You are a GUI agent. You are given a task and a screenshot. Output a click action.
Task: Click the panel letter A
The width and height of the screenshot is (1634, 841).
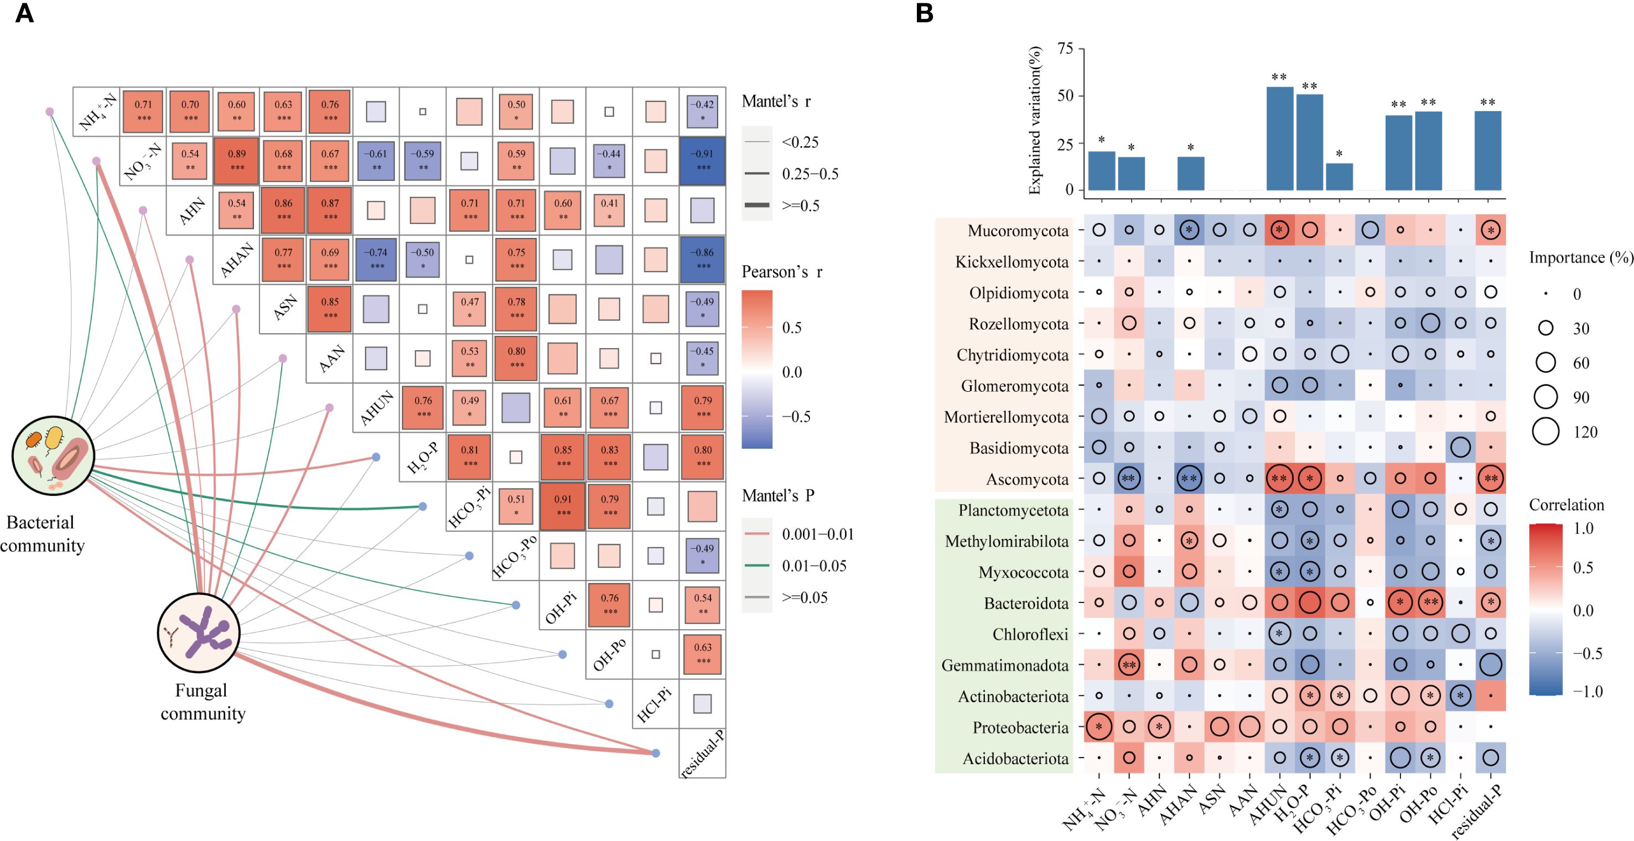(x=24, y=13)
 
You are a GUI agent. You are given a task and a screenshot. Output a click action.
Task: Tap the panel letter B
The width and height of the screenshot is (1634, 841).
(x=924, y=13)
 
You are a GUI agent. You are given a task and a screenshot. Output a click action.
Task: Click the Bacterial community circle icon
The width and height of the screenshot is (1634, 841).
(x=53, y=455)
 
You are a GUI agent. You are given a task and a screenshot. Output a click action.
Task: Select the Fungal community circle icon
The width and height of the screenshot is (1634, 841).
(x=199, y=633)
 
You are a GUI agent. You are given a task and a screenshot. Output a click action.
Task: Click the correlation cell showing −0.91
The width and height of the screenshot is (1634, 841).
(x=702, y=161)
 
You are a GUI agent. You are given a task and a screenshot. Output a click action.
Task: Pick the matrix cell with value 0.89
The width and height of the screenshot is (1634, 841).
(x=237, y=161)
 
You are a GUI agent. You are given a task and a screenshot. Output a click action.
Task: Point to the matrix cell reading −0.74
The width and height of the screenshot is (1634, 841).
(x=376, y=259)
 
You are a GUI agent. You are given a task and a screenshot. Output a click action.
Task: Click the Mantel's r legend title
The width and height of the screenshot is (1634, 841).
(x=776, y=101)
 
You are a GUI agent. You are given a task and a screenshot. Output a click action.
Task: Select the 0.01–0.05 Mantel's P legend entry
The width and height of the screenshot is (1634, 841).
(x=814, y=566)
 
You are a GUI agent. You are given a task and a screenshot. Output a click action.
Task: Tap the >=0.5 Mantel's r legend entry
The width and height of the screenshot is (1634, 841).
(x=801, y=205)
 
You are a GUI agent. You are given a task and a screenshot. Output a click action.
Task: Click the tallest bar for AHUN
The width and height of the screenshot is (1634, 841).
(x=1279, y=138)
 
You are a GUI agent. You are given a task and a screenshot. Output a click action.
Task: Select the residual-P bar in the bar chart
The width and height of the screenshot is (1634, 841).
(x=1487, y=151)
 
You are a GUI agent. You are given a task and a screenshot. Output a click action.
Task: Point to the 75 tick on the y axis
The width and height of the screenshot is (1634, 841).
(x=1066, y=49)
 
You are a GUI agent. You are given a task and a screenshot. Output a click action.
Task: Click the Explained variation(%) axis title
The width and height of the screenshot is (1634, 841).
(x=1035, y=120)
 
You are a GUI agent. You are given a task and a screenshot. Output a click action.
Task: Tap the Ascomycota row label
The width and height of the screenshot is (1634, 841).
(x=1027, y=480)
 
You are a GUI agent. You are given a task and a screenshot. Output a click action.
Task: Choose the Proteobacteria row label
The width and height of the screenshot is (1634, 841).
(x=1020, y=728)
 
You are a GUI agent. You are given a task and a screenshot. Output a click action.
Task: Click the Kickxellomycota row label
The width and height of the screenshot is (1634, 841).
(x=1011, y=262)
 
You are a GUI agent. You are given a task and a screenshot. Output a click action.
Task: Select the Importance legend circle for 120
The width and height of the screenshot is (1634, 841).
(x=1546, y=432)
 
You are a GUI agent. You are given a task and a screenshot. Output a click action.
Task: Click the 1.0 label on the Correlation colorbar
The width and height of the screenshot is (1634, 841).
(x=1583, y=528)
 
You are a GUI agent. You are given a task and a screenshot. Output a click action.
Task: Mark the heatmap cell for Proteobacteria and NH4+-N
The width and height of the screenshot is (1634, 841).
(x=1098, y=727)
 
